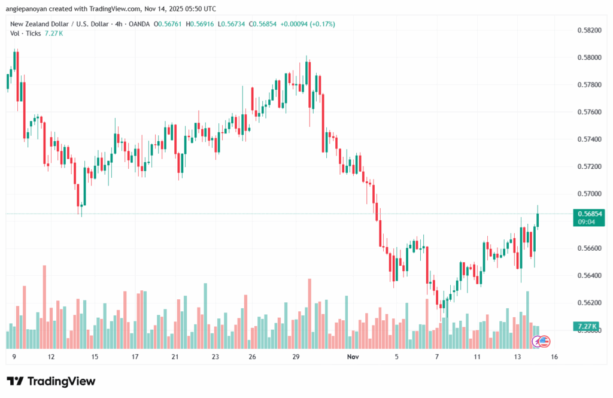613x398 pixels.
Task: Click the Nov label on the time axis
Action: coord(353,357)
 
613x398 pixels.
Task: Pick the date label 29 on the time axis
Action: coord(296,357)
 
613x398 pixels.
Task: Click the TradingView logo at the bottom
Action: coord(51,381)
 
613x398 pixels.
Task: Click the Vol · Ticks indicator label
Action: coord(25,34)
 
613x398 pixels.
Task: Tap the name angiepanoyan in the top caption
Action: coord(30,8)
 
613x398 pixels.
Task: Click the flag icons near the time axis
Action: coord(541,342)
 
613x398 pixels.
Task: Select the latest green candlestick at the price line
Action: coord(538,220)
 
